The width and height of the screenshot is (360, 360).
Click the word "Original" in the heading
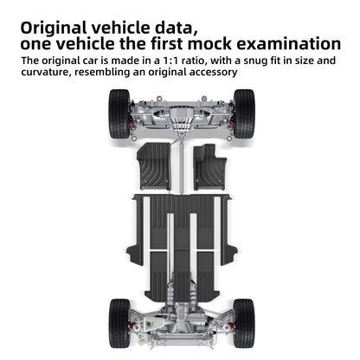point(54,29)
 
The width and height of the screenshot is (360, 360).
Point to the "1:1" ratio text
point(171,61)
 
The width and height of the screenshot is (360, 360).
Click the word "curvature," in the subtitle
point(46,72)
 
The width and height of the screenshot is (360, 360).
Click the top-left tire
point(119,113)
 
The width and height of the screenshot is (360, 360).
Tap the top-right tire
point(244,113)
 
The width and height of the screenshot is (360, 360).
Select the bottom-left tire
point(119,323)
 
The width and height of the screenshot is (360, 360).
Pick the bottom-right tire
point(244,323)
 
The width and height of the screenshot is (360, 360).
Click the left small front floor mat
point(154,166)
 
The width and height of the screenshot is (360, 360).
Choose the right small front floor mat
point(209,167)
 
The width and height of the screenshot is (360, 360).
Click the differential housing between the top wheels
point(181,119)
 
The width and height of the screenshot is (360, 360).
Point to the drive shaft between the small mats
point(182,166)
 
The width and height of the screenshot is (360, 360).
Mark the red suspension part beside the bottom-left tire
point(133,326)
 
